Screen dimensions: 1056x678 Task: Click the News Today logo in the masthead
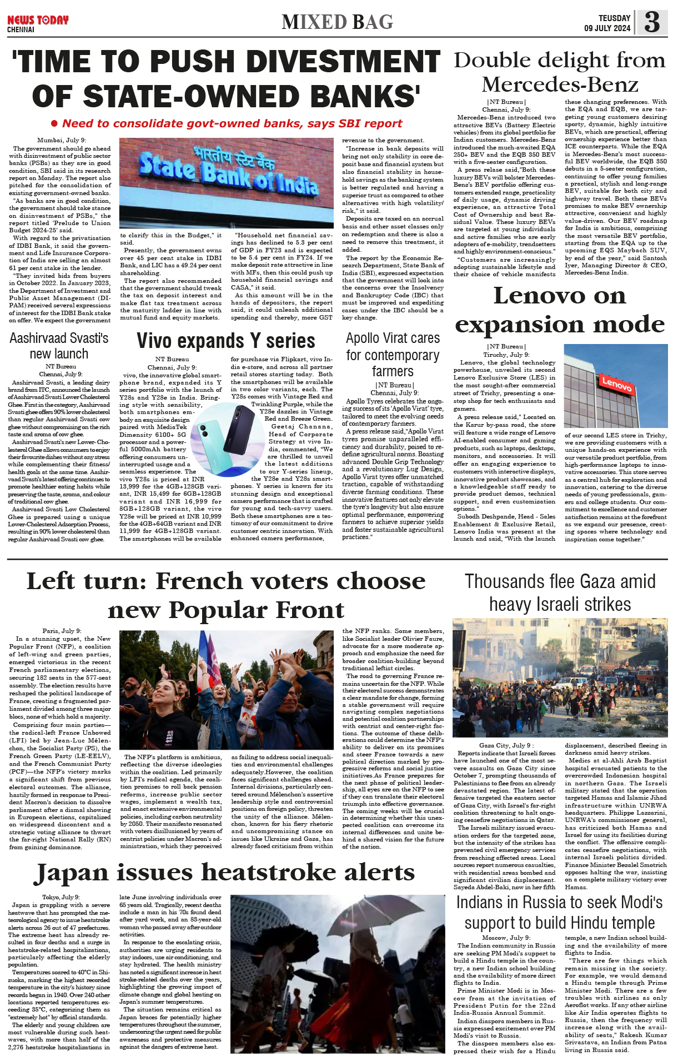click(x=38, y=21)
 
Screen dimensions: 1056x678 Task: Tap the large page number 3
click(x=652, y=22)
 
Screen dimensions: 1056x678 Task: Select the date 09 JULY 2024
click(x=607, y=28)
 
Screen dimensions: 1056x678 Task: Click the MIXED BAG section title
click(x=337, y=22)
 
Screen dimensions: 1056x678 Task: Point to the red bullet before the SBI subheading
click(x=54, y=123)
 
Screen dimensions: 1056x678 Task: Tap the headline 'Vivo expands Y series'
click(x=226, y=341)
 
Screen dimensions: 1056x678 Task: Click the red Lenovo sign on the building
click(x=616, y=383)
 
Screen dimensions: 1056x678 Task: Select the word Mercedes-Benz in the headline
click(x=560, y=85)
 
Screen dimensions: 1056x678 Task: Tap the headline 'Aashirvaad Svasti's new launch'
click(x=59, y=346)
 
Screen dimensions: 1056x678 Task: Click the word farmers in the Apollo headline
click(x=392, y=371)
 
